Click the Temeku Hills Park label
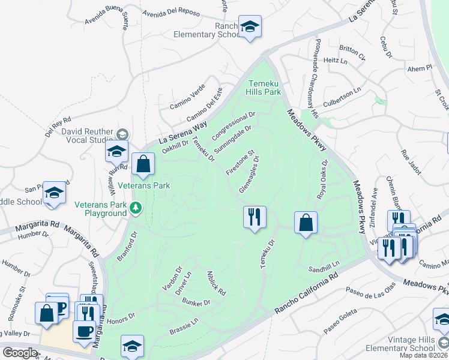pyautogui.click(x=264, y=88)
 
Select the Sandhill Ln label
pyautogui.click(x=324, y=265)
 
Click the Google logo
pyautogui.click(x=20, y=353)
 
